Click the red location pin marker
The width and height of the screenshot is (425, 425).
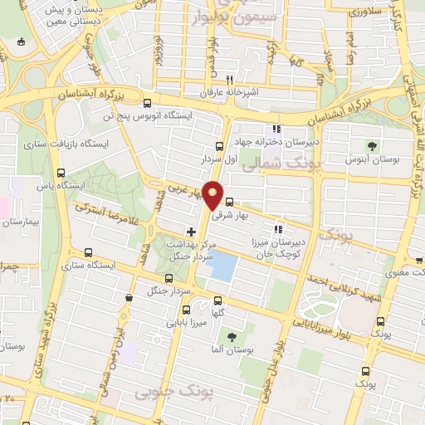tap(213, 195)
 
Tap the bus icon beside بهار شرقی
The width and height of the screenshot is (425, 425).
tap(229, 201)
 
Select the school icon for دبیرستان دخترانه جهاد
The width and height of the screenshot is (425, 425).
tap(276, 129)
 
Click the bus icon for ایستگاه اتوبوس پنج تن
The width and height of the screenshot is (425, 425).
tap(147, 104)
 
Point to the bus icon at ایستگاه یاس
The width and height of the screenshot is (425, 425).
tap(60, 173)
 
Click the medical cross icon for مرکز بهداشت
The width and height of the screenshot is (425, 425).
tap(192, 231)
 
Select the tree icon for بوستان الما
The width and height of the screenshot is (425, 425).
tap(232, 336)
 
